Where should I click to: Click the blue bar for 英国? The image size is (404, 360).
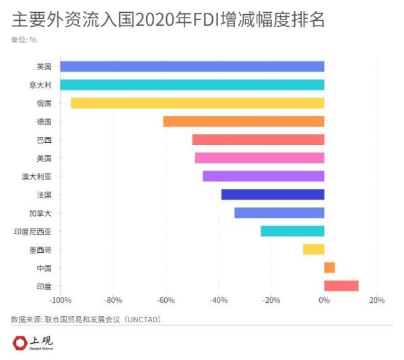coord(192,67)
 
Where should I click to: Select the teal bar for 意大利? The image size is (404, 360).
coord(192,85)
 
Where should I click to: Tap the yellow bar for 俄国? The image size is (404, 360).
coord(197,103)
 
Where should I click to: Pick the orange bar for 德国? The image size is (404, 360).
coord(243,121)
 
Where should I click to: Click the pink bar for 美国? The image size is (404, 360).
coord(259,158)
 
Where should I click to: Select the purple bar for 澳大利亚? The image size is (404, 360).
coord(263,176)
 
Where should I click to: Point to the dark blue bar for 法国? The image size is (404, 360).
coord(273,194)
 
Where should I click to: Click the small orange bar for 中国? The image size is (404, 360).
coord(329,268)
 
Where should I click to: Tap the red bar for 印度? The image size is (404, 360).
coord(341,286)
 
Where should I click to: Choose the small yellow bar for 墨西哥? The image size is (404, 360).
coord(313,249)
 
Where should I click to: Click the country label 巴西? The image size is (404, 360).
coord(44,140)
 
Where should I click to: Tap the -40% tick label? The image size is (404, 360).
coord(218,300)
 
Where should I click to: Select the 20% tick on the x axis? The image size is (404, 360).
coord(376,300)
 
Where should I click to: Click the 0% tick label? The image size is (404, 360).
coord(324,300)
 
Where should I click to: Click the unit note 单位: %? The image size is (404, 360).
coord(24,40)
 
